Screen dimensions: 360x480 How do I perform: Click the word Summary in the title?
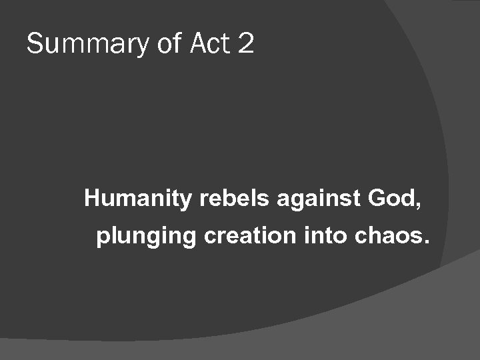click(87, 45)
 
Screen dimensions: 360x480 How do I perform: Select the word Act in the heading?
click(210, 44)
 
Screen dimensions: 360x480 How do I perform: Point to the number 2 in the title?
click(245, 44)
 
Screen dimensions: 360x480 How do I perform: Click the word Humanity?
click(137, 199)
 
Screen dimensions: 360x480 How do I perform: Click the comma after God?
click(418, 205)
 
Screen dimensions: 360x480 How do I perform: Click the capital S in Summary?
click(35, 44)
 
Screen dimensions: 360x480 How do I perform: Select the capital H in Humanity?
click(92, 198)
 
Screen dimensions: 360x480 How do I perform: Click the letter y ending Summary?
click(141, 47)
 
